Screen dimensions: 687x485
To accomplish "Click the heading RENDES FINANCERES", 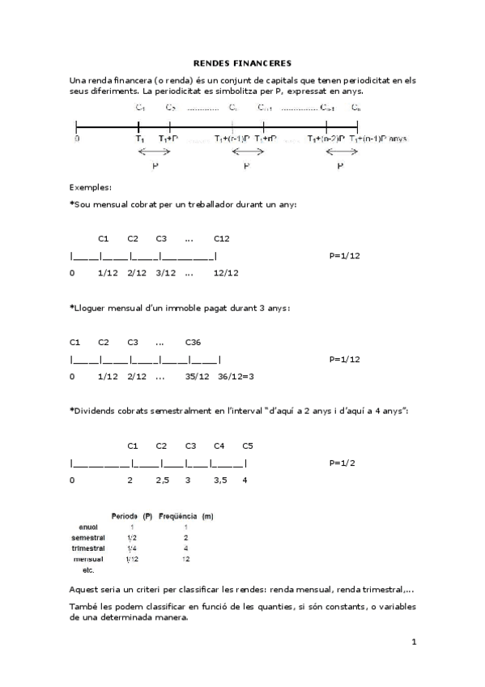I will tap(242, 62).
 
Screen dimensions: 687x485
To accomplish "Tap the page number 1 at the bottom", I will tap(414, 642).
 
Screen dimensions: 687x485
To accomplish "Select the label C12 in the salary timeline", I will tap(222, 239).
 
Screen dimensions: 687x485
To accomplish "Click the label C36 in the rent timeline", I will tap(194, 342).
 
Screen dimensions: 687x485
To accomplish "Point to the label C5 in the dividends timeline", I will tap(248, 446).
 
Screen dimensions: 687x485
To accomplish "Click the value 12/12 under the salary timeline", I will tap(226, 273).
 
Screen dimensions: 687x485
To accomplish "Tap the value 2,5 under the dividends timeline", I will tap(162, 480).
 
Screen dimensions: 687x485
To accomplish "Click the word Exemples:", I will tap(91, 187).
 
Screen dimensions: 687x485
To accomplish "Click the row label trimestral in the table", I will tap(88, 548).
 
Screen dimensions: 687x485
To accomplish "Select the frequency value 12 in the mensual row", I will tap(185, 559).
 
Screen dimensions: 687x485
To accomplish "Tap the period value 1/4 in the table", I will tap(131, 548).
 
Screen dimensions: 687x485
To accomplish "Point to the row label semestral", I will tap(88, 538).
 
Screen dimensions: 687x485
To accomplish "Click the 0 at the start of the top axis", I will tap(77, 139).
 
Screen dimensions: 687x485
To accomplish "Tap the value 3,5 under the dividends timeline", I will tap(220, 480).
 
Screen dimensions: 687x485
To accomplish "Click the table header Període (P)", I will tap(131, 515).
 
